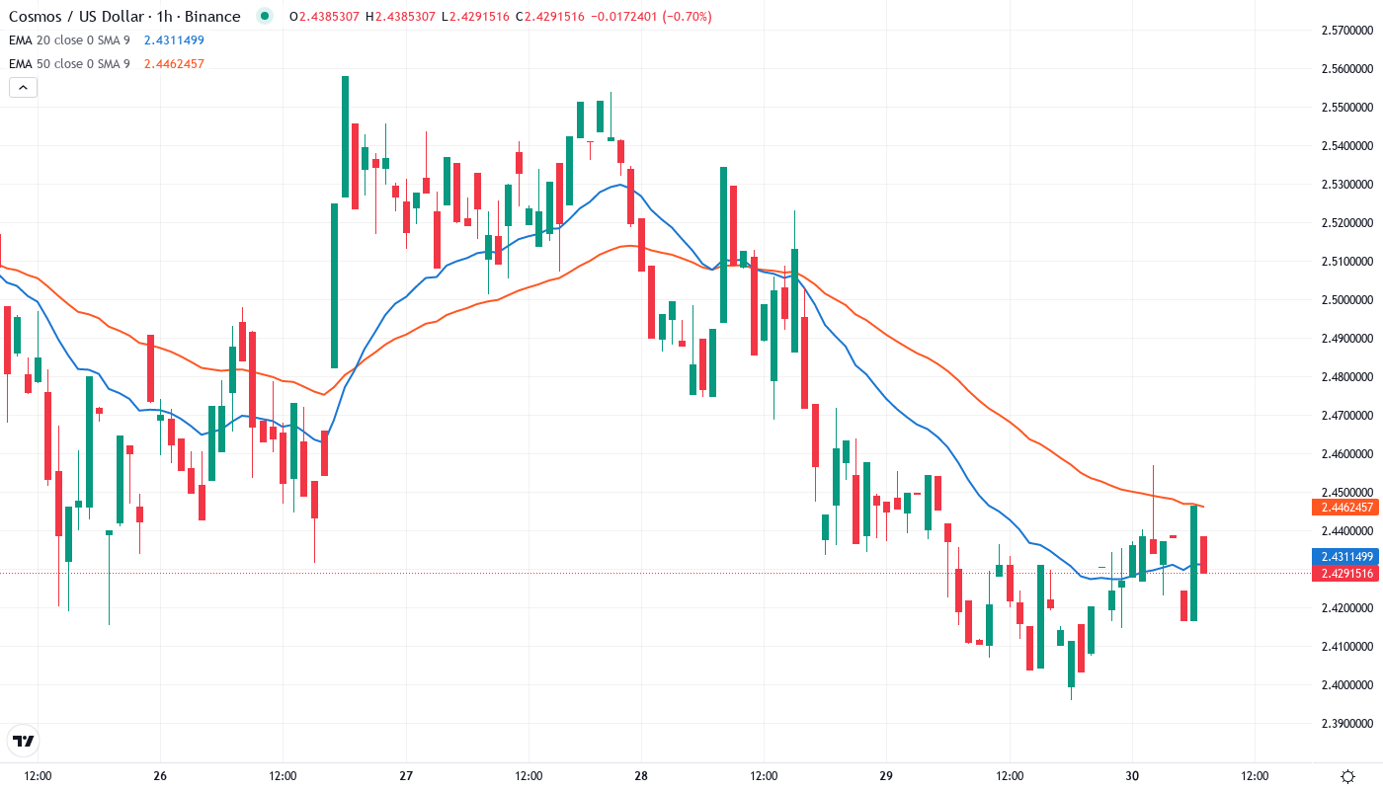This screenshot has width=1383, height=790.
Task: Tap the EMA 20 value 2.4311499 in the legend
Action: coord(174,39)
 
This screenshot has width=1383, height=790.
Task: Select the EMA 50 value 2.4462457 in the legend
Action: coord(174,64)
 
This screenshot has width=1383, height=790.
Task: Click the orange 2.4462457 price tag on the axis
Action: coord(1343,508)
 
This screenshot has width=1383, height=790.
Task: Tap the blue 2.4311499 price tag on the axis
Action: coord(1343,557)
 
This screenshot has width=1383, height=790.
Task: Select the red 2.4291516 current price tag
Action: coord(1343,574)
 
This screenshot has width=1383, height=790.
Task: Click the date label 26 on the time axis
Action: coord(161,776)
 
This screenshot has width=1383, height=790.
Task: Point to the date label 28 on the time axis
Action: coord(641,776)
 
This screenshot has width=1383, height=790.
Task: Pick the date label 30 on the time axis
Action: coord(1132,776)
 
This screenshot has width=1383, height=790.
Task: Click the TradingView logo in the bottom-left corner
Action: coord(24,741)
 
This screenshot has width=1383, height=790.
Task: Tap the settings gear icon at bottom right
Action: coord(1347,776)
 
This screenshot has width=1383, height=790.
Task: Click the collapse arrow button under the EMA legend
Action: coord(23,88)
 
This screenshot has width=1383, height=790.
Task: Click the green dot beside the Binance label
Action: coord(264,16)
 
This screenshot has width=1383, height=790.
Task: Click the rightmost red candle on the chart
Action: coord(1204,554)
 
